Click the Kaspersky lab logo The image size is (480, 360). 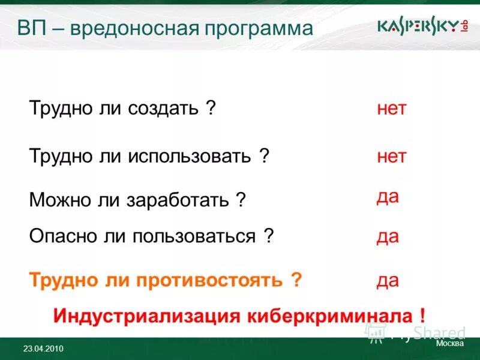(x=422, y=27)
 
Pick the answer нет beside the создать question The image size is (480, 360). (x=392, y=109)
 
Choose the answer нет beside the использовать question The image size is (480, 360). (x=392, y=157)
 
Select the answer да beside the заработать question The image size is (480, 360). (x=388, y=196)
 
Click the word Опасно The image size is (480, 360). (x=57, y=236)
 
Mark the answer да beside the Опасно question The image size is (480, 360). (x=388, y=236)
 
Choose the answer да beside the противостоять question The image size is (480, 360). (x=388, y=280)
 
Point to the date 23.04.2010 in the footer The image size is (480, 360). (x=43, y=349)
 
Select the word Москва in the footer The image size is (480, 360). (x=449, y=344)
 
